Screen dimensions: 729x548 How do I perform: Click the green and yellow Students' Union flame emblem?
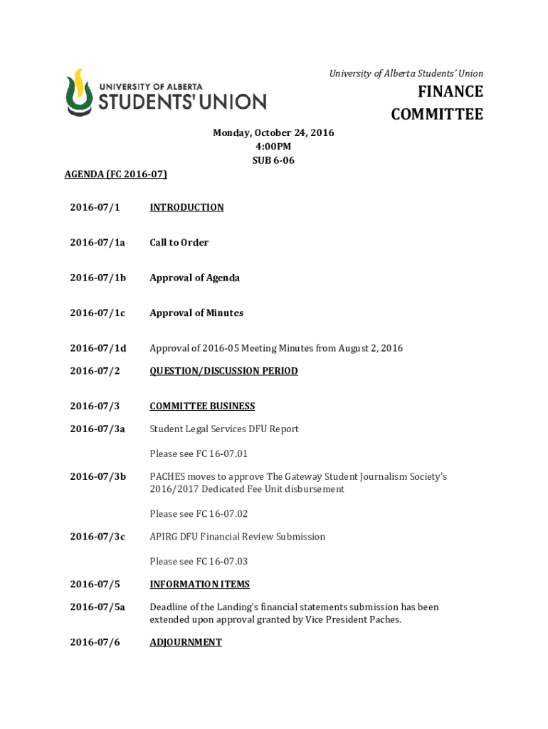click(x=79, y=92)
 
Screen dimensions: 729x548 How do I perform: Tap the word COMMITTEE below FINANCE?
click(x=437, y=115)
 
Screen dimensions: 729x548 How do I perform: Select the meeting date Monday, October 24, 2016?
click(x=273, y=133)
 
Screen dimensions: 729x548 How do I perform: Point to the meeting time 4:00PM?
click(x=273, y=147)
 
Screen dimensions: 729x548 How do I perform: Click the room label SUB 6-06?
click(x=273, y=160)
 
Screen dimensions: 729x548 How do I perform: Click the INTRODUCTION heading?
click(x=186, y=207)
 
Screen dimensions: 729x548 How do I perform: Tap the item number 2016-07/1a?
click(x=97, y=243)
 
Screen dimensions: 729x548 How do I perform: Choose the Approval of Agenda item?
click(x=194, y=278)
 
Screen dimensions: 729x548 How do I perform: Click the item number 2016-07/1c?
click(x=97, y=313)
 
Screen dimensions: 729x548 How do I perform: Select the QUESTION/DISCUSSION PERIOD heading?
click(x=223, y=371)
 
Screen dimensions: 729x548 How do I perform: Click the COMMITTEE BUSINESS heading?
click(x=202, y=407)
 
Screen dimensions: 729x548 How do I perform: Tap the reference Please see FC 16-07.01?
click(x=199, y=453)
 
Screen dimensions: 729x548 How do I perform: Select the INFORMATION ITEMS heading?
click(x=199, y=584)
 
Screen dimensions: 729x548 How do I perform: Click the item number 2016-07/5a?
click(x=97, y=607)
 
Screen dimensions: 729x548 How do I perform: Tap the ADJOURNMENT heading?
click(x=186, y=642)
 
